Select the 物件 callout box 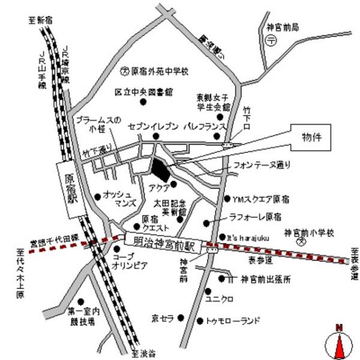(312, 136)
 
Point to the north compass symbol (339, 343)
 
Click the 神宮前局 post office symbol (272, 41)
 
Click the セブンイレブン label (154, 127)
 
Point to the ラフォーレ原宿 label (256, 216)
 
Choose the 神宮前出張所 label (266, 279)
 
